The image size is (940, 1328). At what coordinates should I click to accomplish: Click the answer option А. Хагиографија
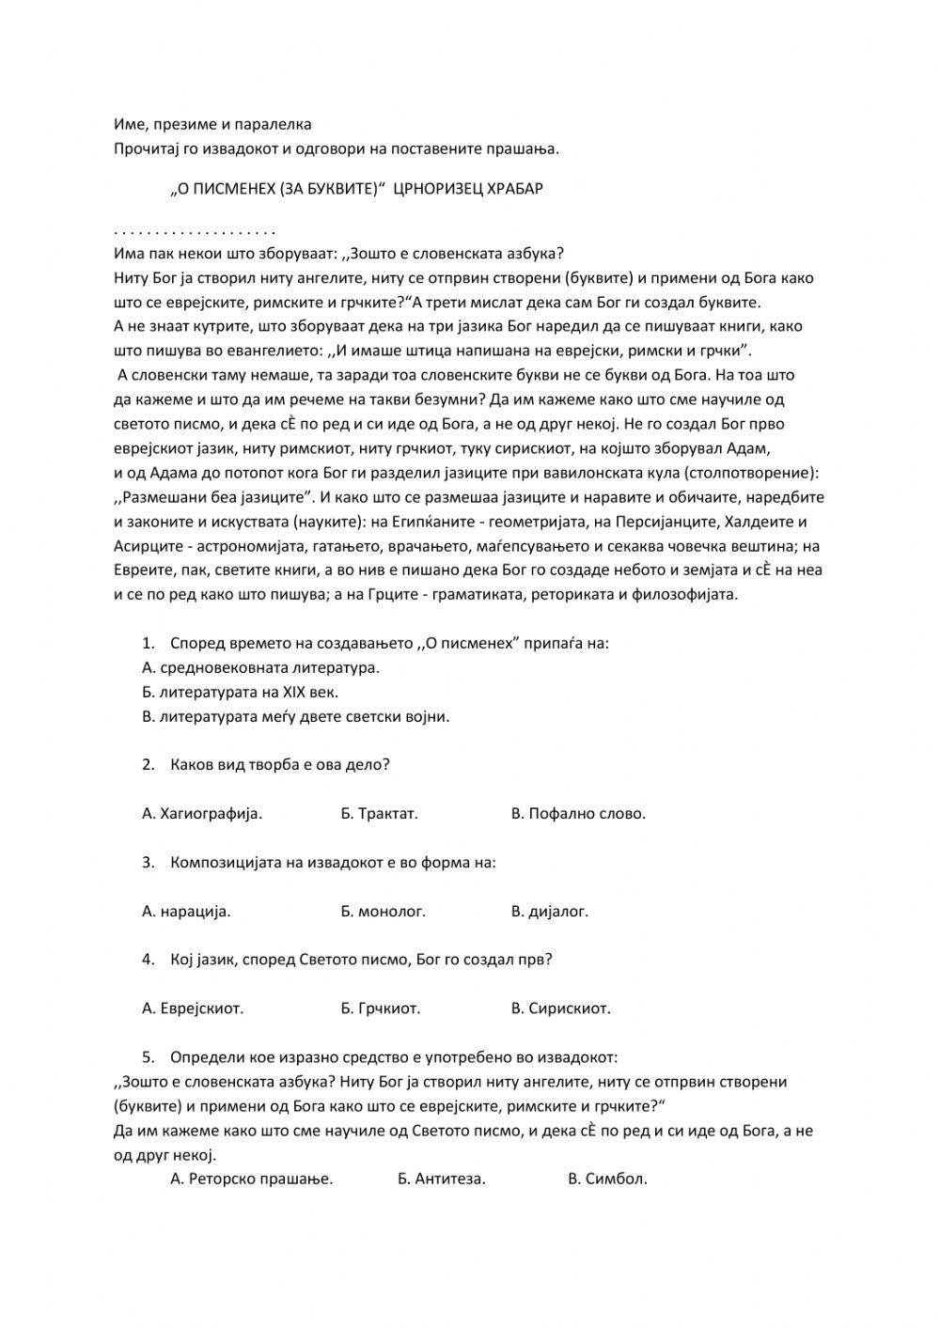tap(202, 813)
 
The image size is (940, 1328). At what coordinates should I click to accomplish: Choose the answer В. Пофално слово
tap(578, 813)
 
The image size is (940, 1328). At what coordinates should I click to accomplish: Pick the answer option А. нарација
tap(186, 911)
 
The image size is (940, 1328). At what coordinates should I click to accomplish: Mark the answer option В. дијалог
tap(549, 911)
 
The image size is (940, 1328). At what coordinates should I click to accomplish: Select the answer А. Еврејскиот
tap(193, 1008)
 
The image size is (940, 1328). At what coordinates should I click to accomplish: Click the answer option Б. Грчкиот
tap(380, 1008)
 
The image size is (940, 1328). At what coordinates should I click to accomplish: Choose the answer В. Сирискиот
tap(560, 1008)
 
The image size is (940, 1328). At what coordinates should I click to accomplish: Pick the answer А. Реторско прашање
tap(252, 1179)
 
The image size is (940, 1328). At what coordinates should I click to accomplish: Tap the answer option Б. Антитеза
tap(441, 1179)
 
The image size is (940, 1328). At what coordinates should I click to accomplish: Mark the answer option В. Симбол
tap(607, 1179)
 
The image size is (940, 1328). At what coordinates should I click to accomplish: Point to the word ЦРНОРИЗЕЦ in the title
tap(433, 188)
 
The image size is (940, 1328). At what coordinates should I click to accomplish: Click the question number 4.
tap(148, 960)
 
